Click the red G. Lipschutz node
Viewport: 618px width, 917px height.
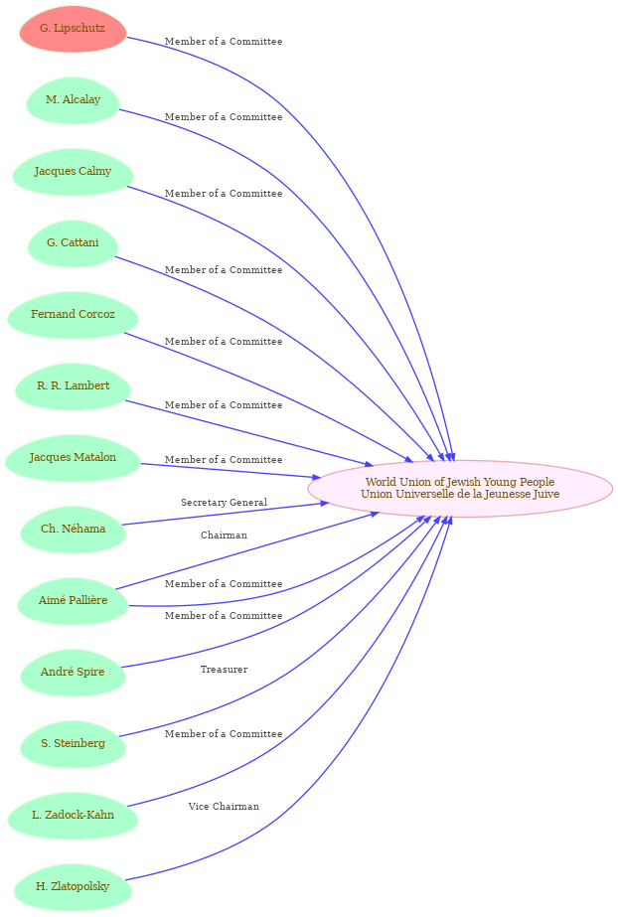tap(73, 29)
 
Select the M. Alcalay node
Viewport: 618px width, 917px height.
tap(73, 100)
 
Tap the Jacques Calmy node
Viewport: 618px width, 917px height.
tap(73, 171)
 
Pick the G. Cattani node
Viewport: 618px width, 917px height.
tap(73, 243)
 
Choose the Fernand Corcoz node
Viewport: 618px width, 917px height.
tap(73, 315)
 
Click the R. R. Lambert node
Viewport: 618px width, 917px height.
tap(73, 386)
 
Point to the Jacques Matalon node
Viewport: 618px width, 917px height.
tap(73, 458)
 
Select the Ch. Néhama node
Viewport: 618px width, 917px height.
tap(73, 530)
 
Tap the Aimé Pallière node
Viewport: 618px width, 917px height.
tap(73, 601)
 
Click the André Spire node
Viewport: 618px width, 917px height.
tap(73, 673)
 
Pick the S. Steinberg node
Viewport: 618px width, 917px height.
tap(73, 744)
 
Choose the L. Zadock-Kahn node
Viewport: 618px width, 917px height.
tap(73, 816)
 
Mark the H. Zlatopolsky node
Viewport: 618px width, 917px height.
tap(73, 887)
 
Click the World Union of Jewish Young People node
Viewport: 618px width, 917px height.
tap(460, 489)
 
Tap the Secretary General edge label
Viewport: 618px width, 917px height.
tap(224, 503)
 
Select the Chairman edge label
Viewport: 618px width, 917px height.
tap(224, 535)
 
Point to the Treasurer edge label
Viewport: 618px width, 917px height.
tap(224, 669)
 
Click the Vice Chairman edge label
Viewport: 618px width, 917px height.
tap(224, 807)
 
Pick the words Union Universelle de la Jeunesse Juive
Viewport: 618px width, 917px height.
tap(460, 494)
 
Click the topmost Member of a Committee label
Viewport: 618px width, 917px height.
tap(224, 42)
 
